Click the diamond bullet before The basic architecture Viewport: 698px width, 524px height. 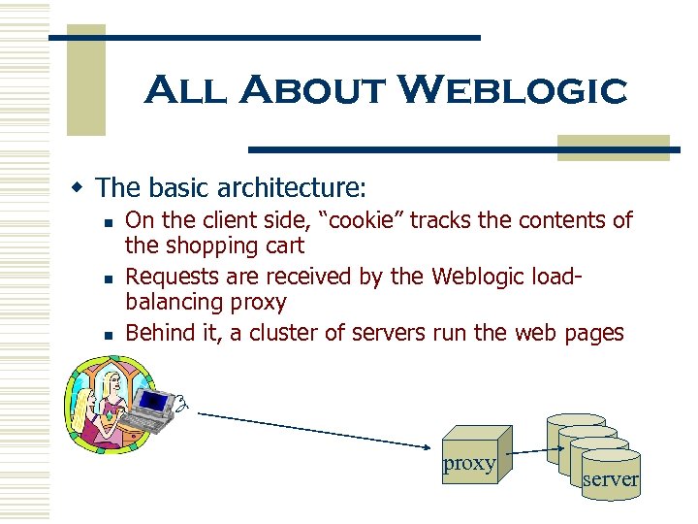point(84,186)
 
